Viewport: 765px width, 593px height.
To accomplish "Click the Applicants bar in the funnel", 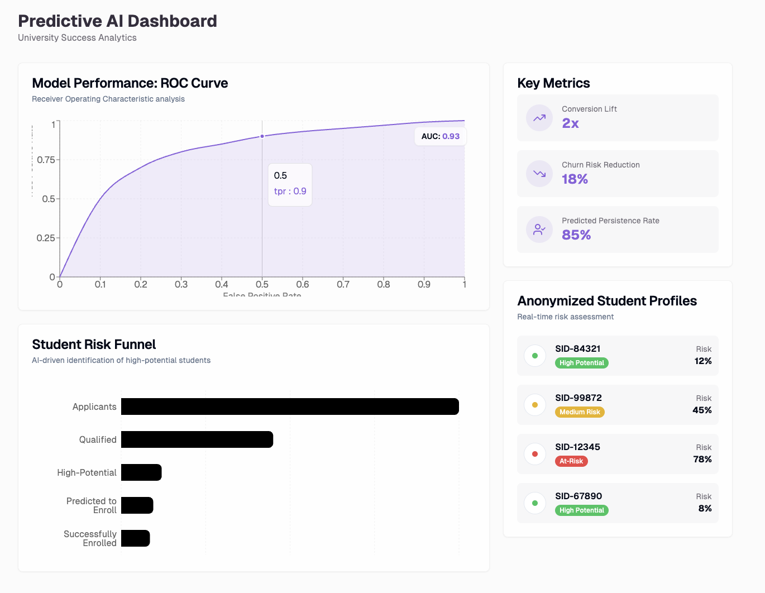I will [290, 407].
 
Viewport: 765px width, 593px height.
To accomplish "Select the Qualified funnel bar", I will [197, 439].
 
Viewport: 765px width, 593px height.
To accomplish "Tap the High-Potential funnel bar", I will [141, 472].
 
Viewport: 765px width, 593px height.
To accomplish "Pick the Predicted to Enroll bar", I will [137, 505].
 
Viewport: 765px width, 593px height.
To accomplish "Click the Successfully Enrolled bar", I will [135, 538].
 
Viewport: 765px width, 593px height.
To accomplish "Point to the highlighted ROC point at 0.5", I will [262, 136].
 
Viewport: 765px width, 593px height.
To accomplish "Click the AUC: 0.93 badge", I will [440, 136].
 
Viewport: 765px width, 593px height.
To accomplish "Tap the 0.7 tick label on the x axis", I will [343, 284].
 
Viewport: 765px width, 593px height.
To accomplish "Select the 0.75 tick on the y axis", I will [46, 160].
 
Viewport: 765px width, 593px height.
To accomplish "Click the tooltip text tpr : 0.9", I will [290, 191].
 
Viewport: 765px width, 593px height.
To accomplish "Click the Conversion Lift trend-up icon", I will [539, 118].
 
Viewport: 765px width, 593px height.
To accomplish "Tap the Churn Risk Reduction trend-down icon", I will [539, 174].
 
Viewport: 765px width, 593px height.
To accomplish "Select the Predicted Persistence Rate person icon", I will [539, 229].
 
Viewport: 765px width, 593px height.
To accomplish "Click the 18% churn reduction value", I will [575, 179].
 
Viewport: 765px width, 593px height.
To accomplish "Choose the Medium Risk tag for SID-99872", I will [580, 412].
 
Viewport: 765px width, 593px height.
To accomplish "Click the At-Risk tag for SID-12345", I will [571, 461].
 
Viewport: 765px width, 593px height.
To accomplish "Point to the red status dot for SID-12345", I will [535, 454].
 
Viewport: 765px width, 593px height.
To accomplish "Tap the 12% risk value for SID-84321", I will [703, 361].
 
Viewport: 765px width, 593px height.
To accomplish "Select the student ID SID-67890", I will [578, 496].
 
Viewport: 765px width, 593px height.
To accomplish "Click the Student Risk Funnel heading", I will [94, 345].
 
